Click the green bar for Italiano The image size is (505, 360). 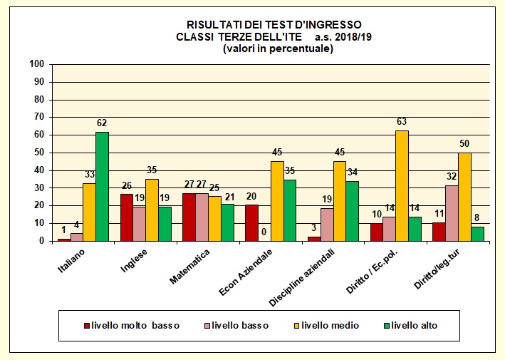pyautogui.click(x=103, y=187)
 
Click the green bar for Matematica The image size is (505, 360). pyautogui.click(x=227, y=222)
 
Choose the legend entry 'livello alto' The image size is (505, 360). pyautogui.click(x=412, y=326)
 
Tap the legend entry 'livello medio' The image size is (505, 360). pyautogui.click(x=330, y=326)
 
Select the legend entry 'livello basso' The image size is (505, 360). pyautogui.click(x=239, y=326)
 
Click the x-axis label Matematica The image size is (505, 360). pyautogui.click(x=189, y=266)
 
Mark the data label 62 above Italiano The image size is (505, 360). pyautogui.click(x=102, y=123)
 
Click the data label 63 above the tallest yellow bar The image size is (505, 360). pyautogui.click(x=402, y=121)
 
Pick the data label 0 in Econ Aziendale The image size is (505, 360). pyautogui.click(x=264, y=232)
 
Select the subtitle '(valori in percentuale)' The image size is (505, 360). pyautogui.click(x=278, y=48)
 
